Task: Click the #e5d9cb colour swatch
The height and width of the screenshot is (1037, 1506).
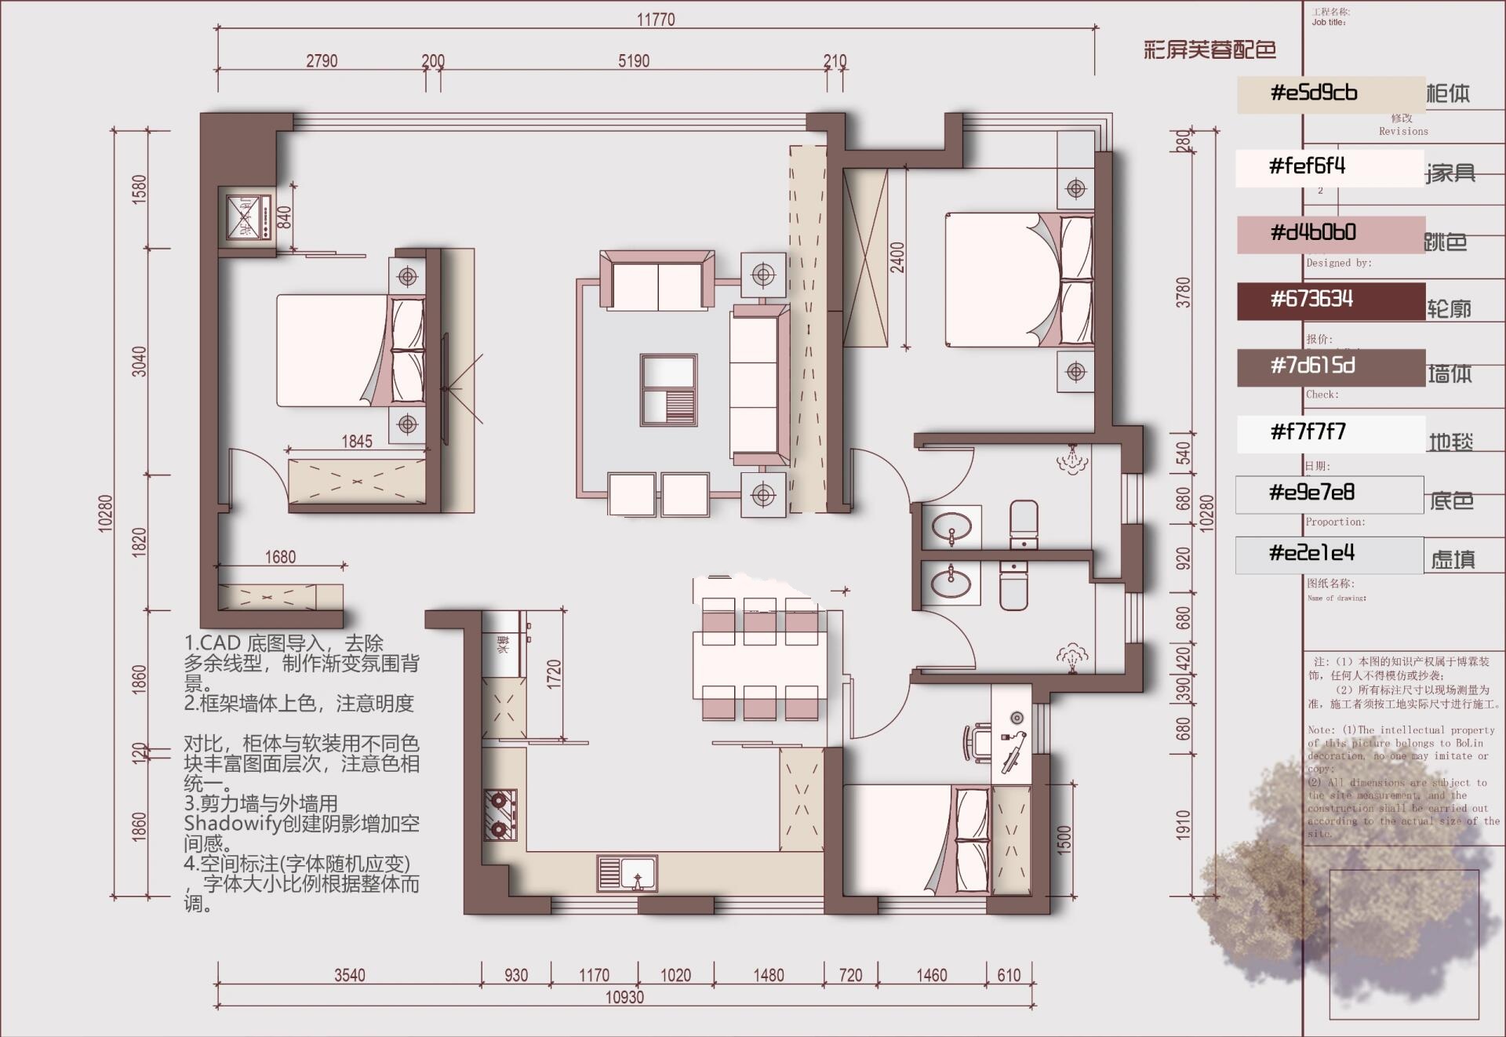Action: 1330,94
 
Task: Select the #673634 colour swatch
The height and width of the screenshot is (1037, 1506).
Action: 1330,300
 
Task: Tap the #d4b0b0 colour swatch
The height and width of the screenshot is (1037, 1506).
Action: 1330,234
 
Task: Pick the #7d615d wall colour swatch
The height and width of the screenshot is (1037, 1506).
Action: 1330,367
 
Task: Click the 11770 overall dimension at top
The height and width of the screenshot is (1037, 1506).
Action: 655,20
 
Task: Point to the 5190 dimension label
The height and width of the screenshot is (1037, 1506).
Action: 633,61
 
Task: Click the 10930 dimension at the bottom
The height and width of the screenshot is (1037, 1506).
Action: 624,997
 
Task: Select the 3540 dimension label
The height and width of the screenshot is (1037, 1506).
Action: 350,975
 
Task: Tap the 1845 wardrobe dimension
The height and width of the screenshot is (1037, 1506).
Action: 357,442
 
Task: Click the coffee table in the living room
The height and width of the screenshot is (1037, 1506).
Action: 668,390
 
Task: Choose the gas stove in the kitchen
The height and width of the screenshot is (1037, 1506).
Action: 499,813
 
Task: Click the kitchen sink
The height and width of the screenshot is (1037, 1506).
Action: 627,873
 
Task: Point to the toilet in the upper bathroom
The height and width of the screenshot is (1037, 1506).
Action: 1024,523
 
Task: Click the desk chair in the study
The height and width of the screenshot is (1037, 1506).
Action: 977,741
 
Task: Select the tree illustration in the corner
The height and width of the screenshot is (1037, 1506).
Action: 1333,879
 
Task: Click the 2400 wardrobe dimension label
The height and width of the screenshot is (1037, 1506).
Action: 897,257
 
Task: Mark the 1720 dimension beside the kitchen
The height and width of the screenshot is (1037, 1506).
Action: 554,675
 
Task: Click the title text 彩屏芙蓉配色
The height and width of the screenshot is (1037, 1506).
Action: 1210,50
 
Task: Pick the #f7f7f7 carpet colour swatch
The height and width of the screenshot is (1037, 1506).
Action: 1330,433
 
